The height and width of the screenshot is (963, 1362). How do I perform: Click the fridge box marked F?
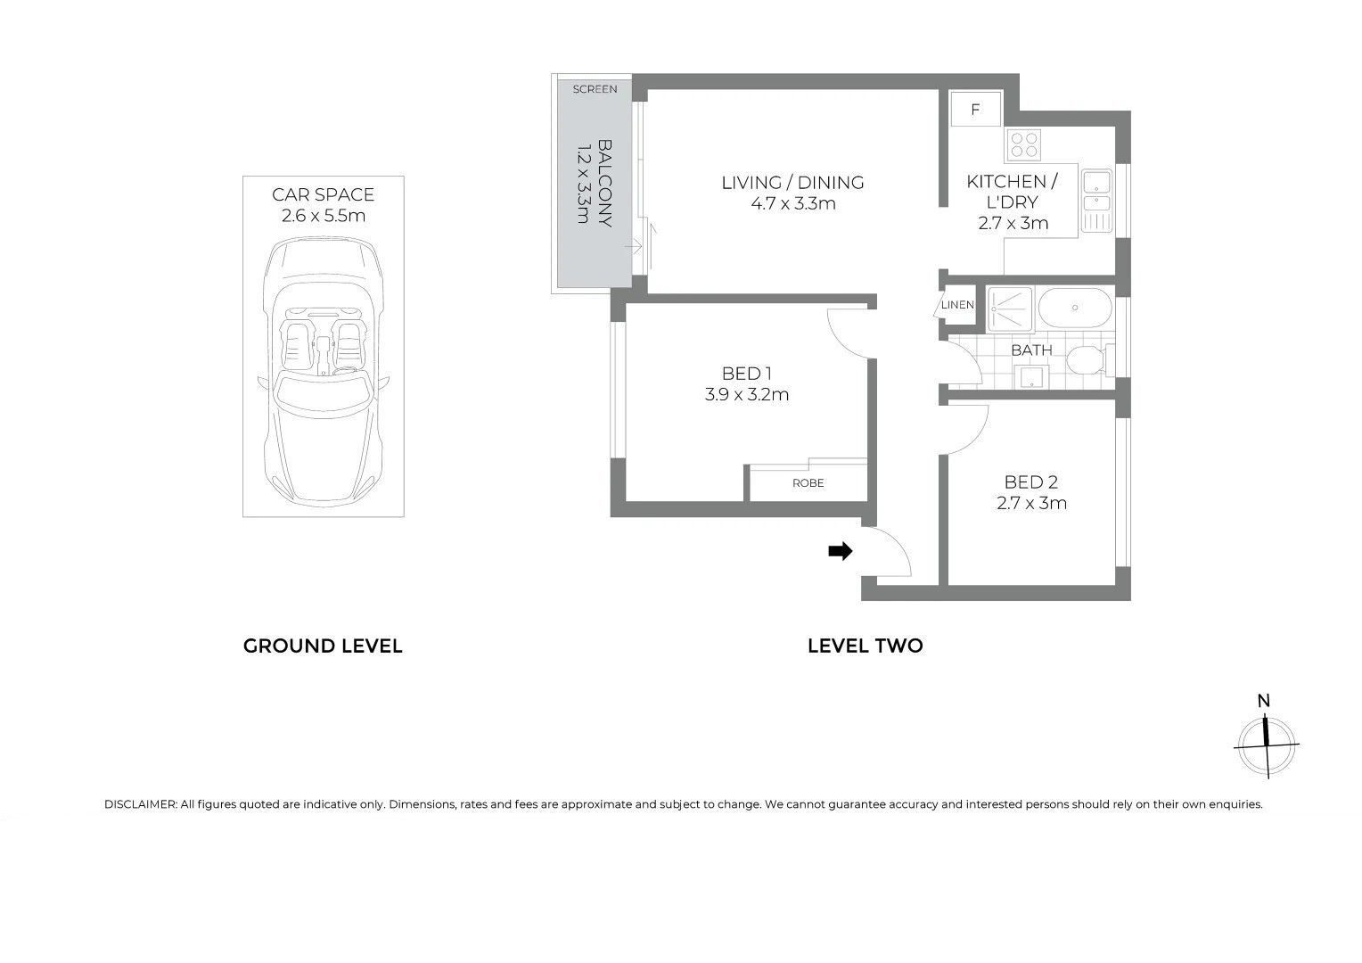[x=975, y=109]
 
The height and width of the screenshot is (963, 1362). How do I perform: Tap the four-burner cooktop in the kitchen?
[x=1023, y=145]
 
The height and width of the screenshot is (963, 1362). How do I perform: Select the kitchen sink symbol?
[x=1097, y=201]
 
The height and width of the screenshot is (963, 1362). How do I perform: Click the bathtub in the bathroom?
[x=1075, y=308]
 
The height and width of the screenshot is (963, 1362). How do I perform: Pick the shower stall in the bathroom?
[x=1009, y=309]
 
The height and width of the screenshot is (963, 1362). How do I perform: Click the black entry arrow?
[x=841, y=551]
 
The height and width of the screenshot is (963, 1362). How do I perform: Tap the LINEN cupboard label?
[x=957, y=305]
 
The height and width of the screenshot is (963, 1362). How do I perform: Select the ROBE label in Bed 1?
[x=808, y=483]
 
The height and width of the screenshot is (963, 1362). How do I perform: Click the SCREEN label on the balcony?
[x=595, y=89]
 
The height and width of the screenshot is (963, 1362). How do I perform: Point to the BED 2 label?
[x=1031, y=481]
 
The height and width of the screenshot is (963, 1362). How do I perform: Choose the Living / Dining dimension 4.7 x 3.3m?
[x=793, y=203]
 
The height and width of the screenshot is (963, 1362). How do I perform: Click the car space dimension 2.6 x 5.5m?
[x=324, y=216]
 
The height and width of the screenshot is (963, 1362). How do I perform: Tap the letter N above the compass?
[x=1263, y=701]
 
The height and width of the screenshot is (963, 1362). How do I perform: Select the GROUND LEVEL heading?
[x=323, y=646]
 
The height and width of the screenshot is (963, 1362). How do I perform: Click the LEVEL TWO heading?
[x=866, y=646]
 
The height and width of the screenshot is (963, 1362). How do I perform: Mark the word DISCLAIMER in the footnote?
[x=141, y=804]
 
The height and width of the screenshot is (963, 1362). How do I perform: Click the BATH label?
[x=1031, y=350]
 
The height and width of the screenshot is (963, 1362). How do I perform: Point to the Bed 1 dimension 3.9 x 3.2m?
[x=747, y=394]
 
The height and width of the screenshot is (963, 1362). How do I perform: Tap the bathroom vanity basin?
[x=1031, y=376]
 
